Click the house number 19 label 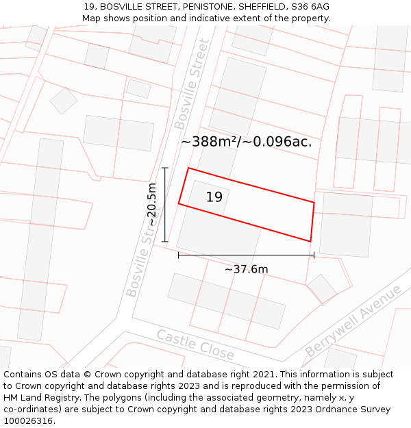coord(214,197)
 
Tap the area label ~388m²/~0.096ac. coord(246,142)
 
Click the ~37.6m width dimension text coord(246,269)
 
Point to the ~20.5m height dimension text coord(152,205)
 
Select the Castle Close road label coord(195,344)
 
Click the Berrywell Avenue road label coord(353,320)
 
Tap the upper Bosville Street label coord(191,84)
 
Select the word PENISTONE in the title coord(197,6)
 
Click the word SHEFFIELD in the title coord(259,6)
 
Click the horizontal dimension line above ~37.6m coord(246,255)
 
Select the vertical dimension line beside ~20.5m coord(165,204)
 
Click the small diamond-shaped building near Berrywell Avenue coord(321,289)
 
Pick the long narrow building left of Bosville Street coord(40,239)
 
